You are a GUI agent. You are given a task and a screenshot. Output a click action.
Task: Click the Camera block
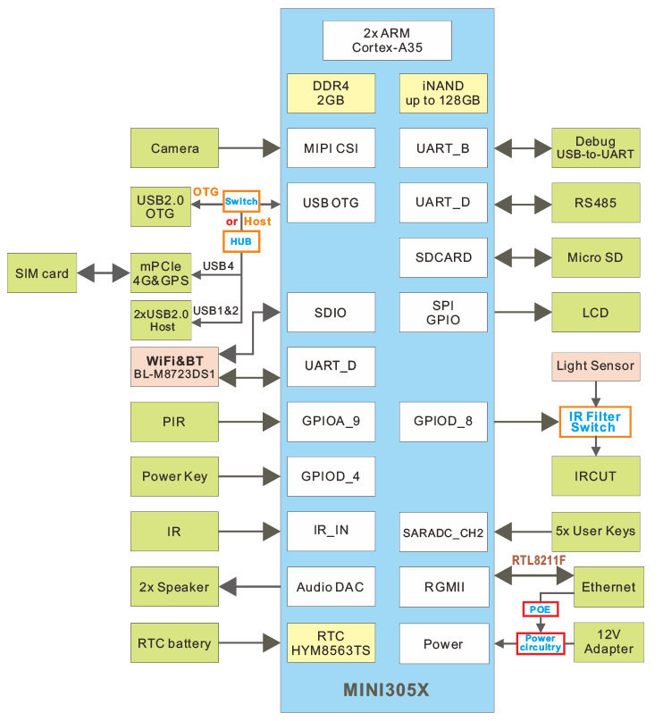tap(174, 148)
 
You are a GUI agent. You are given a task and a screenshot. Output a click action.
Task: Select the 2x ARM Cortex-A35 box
tap(387, 40)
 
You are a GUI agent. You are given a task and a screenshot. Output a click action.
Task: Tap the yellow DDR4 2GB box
tap(330, 93)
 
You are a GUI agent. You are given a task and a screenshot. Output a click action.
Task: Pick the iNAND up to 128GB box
tap(443, 93)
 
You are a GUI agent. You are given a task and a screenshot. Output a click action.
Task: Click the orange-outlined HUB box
tap(240, 241)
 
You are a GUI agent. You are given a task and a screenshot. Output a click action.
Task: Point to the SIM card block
tap(42, 273)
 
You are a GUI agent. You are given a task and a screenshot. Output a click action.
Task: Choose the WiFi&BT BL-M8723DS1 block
tap(174, 367)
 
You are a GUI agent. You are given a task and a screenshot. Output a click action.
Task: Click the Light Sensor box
tap(595, 365)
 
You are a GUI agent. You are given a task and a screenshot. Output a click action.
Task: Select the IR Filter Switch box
tap(594, 422)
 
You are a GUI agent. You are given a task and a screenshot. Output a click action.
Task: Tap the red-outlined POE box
tap(540, 609)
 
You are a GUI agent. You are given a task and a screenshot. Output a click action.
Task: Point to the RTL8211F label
tap(539, 560)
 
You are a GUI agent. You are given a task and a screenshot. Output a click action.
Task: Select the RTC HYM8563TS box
tap(330, 643)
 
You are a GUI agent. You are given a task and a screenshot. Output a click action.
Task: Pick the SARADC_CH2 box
tap(443, 533)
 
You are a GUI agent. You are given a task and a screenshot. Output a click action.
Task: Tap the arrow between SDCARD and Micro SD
tap(520, 257)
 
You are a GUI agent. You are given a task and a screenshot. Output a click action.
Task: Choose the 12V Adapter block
tap(608, 643)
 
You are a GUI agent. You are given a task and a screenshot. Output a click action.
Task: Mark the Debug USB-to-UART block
tap(595, 148)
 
